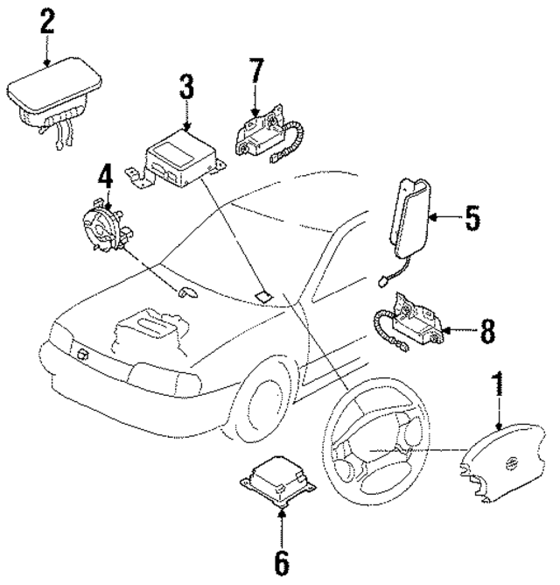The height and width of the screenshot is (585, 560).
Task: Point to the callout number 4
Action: coord(105,179)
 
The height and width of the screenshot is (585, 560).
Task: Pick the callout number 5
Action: coord(472,217)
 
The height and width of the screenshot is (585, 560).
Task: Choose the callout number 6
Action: coord(281,563)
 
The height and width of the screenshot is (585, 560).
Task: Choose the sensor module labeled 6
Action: coord(276,484)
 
